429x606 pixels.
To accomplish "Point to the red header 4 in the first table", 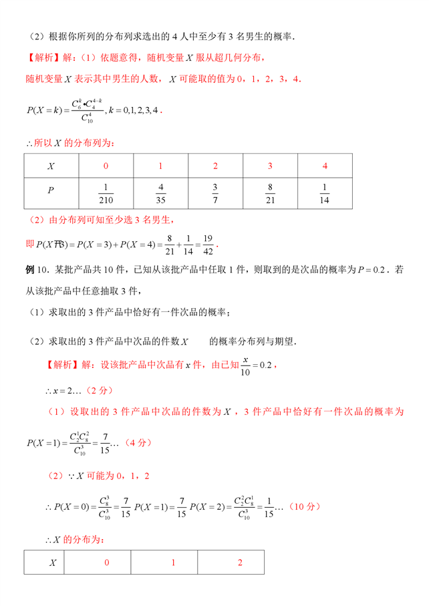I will tap(325, 166).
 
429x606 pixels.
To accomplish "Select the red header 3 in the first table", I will tap(270, 166).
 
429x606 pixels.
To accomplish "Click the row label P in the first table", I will tap(51, 191).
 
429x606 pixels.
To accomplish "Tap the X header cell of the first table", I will tap(51, 166).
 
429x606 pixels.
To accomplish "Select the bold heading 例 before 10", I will tap(29, 270).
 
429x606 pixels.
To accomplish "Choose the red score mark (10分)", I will tap(301, 507).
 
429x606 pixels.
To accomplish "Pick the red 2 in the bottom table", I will tap(241, 563).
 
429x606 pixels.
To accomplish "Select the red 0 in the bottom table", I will tap(106, 563).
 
